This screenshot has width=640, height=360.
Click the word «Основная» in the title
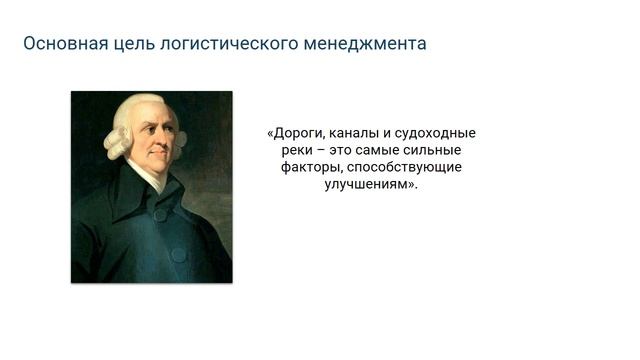point(58,44)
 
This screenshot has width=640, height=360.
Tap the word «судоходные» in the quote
point(438,133)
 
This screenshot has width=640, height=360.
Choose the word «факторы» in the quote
point(308,167)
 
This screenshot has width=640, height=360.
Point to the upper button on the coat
point(159,214)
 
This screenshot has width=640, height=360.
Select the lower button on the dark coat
point(178,255)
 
